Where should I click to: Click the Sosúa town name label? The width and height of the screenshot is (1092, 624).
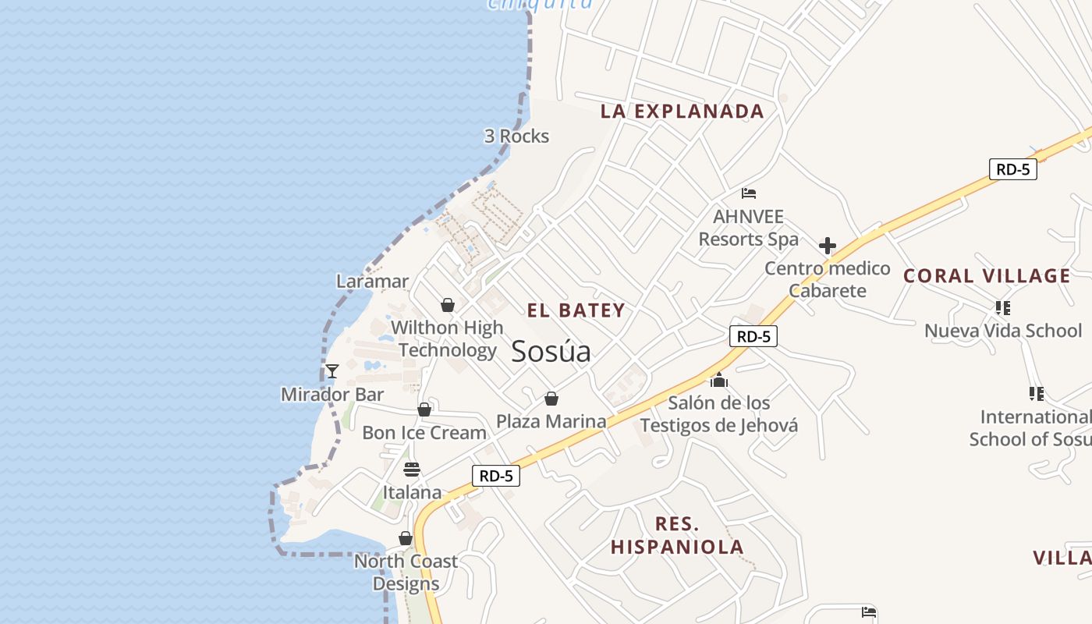tap(551, 352)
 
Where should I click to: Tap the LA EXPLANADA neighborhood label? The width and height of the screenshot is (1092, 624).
tap(682, 111)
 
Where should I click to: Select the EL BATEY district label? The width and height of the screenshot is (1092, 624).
tap(576, 310)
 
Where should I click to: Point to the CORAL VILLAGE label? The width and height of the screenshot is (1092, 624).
tap(987, 275)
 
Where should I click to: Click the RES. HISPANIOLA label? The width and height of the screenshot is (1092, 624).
tap(677, 535)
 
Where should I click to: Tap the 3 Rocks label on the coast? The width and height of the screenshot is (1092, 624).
tap(516, 136)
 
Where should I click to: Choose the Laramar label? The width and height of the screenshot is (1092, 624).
tap(372, 281)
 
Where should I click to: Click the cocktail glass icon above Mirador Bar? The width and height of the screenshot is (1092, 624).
tap(332, 371)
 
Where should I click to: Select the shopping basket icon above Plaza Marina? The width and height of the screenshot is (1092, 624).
tap(551, 399)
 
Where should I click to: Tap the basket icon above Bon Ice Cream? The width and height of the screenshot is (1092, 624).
tap(424, 409)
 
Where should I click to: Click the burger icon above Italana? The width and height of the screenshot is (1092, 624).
tap(412, 470)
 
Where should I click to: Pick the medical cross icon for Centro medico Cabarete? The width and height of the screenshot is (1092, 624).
tap(828, 246)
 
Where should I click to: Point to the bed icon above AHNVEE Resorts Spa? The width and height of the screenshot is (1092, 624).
tap(749, 193)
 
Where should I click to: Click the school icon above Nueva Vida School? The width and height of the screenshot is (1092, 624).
tap(1003, 308)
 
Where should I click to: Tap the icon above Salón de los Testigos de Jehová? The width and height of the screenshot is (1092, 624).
tap(718, 381)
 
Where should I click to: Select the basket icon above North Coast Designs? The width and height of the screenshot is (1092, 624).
tap(406, 538)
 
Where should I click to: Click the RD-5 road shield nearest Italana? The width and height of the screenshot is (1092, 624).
tap(495, 476)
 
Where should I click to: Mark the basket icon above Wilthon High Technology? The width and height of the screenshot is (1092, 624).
tap(448, 305)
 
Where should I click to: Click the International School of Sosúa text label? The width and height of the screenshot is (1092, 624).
tap(1030, 428)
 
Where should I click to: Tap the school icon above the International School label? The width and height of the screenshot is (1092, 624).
tap(1036, 394)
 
